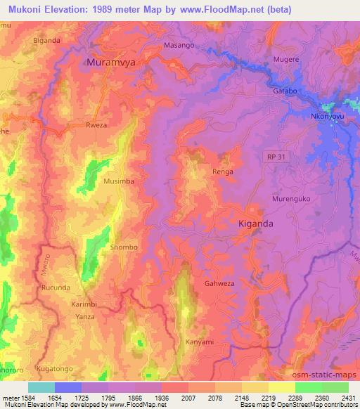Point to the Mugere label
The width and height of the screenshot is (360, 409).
point(286,61)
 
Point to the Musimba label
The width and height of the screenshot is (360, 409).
point(119,181)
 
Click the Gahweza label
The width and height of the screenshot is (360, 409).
point(219,283)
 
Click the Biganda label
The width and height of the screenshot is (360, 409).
point(47,40)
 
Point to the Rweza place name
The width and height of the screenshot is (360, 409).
point(96,126)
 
